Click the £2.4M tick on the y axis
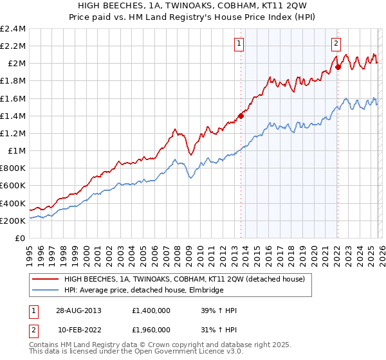(x=13, y=29)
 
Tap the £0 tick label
(x=21, y=238)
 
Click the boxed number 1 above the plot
(x=239, y=44)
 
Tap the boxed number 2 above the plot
(x=336, y=44)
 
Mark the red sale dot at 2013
(x=241, y=116)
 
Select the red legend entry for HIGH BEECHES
(x=188, y=279)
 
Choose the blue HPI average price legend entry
(x=143, y=291)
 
